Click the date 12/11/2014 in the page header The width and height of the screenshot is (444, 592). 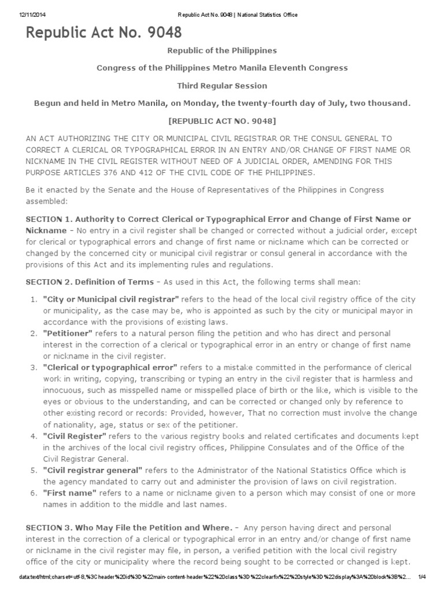tap(27, 14)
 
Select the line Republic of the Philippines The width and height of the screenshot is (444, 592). tap(222, 51)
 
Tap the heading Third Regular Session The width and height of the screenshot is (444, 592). tap(222, 86)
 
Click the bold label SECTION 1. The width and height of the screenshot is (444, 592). tap(49, 219)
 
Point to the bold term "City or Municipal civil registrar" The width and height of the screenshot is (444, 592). tap(111, 299)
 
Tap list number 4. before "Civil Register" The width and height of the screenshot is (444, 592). tap(33, 436)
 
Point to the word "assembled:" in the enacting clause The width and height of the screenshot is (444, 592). tap(47, 202)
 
